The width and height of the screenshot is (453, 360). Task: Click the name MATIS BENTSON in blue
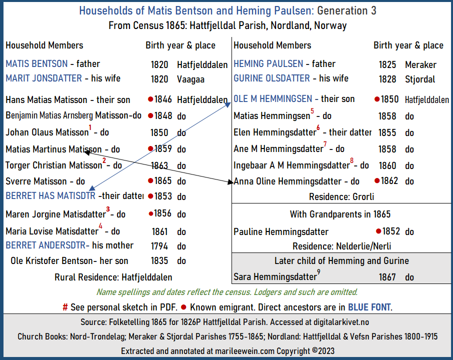(36, 64)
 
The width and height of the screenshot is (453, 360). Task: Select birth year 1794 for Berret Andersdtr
(161, 246)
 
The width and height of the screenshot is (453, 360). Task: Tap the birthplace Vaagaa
(190, 79)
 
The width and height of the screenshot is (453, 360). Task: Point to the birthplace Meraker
(420, 64)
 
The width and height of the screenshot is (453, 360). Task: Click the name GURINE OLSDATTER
(271, 78)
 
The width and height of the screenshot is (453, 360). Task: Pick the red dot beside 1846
(150, 100)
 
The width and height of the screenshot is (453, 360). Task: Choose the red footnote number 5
(312, 111)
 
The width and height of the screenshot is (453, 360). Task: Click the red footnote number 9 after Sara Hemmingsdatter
(318, 271)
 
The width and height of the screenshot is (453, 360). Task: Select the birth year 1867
(387, 277)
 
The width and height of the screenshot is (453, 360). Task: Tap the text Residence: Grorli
(341, 196)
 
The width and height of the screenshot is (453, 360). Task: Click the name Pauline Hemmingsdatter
(281, 232)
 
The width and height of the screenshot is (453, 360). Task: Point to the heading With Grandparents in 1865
(340, 214)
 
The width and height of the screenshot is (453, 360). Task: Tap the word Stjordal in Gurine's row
(420, 79)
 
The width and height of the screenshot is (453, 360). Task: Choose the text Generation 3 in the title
(347, 10)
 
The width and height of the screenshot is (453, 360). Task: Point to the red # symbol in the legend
(65, 307)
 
